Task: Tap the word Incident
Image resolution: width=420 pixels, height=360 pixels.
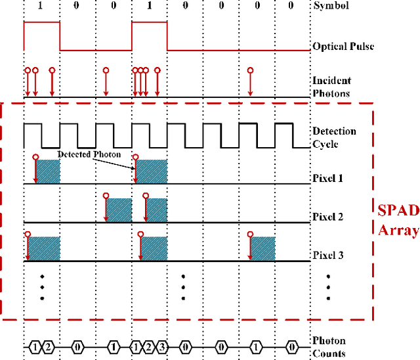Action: (331, 81)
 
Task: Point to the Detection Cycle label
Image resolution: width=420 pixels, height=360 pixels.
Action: (334, 137)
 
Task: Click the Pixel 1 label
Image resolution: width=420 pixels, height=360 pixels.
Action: (327, 178)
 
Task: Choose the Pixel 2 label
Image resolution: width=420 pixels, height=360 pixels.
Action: (327, 217)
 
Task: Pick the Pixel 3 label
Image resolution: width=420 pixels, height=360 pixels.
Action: (327, 256)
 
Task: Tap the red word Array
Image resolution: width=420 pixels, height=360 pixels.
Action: (398, 230)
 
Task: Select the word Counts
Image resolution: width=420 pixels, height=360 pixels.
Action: (329, 353)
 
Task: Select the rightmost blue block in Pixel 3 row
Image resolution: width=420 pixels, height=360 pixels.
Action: (263, 249)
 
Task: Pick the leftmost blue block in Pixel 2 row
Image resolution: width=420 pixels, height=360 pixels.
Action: (119, 210)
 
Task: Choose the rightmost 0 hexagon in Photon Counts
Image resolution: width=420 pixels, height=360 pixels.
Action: (293, 346)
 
